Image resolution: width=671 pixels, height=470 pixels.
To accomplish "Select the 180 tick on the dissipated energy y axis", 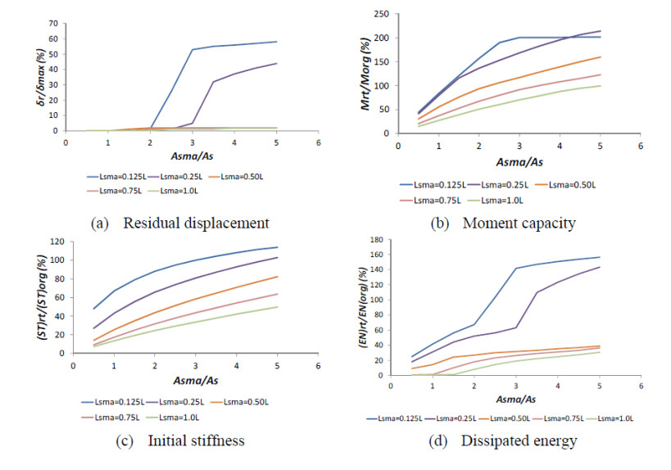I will [376, 240].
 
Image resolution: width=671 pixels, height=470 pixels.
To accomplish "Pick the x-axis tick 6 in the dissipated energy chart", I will [642, 384].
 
